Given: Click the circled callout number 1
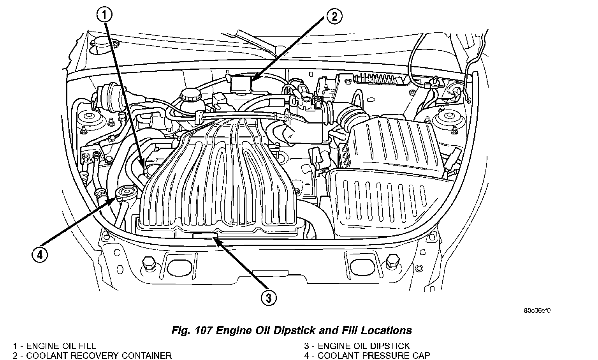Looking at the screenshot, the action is (x=104, y=14).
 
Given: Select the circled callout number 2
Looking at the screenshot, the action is (x=334, y=16).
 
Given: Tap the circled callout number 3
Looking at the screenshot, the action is (x=268, y=298).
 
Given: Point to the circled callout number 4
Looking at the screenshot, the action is (x=40, y=255).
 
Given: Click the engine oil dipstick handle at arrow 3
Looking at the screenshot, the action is (x=205, y=236).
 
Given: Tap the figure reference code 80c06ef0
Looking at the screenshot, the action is (x=537, y=311).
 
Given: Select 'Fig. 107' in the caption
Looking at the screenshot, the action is (x=192, y=330).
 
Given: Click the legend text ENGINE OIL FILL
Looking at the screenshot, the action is (x=61, y=346).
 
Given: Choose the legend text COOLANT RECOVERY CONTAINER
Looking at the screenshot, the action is (x=99, y=356).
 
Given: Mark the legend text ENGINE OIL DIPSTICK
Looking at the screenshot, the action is (x=364, y=346).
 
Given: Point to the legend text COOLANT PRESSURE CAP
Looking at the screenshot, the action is (x=374, y=356).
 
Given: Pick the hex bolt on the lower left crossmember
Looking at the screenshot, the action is (x=148, y=263).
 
